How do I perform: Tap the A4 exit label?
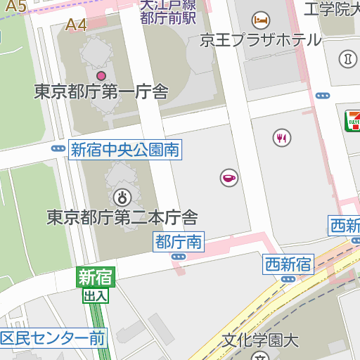76,25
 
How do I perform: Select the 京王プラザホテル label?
260,39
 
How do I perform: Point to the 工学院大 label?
331,8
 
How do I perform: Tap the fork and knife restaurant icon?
282,137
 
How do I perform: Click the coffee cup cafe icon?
229,179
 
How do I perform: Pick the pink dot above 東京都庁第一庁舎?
101,75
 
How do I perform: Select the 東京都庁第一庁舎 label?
101,91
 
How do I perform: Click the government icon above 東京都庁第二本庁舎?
121,197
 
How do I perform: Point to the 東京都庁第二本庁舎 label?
122,217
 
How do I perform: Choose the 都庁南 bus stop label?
179,243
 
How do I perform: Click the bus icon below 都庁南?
179,257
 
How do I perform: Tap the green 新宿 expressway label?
95,277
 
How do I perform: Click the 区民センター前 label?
53,338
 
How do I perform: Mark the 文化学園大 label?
261,341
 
